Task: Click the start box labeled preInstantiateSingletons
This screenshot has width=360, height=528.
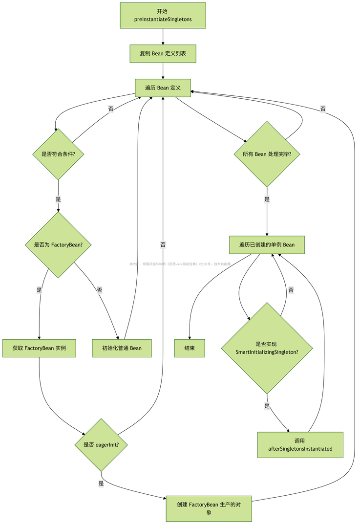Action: [163, 15]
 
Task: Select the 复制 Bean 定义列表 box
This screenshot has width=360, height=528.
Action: [163, 54]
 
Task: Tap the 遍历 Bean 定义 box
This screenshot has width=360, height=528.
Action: [163, 88]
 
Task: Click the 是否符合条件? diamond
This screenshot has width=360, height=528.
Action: [58, 154]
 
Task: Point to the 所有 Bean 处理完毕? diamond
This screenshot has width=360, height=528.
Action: [267, 154]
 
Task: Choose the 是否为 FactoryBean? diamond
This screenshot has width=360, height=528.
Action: [58, 244]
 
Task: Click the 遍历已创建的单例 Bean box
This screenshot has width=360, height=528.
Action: [267, 244]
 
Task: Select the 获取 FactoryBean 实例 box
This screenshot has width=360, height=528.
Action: [39, 348]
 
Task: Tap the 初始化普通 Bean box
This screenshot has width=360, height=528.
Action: [122, 348]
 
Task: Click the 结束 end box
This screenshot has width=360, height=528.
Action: [190, 348]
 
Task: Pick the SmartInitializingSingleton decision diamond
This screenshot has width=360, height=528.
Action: [267, 348]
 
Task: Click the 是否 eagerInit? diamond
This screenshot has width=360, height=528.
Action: [101, 444]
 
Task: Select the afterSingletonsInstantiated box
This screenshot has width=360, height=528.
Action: [300, 444]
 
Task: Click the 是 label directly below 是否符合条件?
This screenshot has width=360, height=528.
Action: [58, 199]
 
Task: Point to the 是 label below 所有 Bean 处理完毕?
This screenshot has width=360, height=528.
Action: [267, 199]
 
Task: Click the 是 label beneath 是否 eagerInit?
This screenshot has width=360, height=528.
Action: [101, 483]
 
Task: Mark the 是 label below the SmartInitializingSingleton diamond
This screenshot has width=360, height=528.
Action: [267, 406]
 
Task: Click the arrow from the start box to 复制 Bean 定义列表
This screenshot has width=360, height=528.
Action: [163, 37]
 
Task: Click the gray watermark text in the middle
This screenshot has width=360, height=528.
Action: [180, 264]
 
